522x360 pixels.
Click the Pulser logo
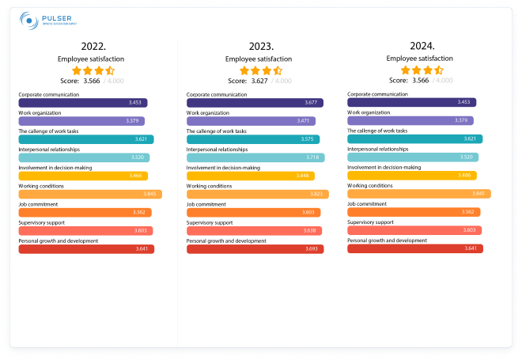(x=47, y=21)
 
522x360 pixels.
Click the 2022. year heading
(x=89, y=45)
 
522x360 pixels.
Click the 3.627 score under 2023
(x=260, y=80)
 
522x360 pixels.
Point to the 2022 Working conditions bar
(x=89, y=194)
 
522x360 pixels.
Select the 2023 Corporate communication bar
(x=255, y=103)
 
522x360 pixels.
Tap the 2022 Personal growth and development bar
(x=85, y=248)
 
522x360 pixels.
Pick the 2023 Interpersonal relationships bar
(x=255, y=157)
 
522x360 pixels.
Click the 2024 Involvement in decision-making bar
(x=411, y=175)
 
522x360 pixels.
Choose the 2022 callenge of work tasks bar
(x=85, y=139)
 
